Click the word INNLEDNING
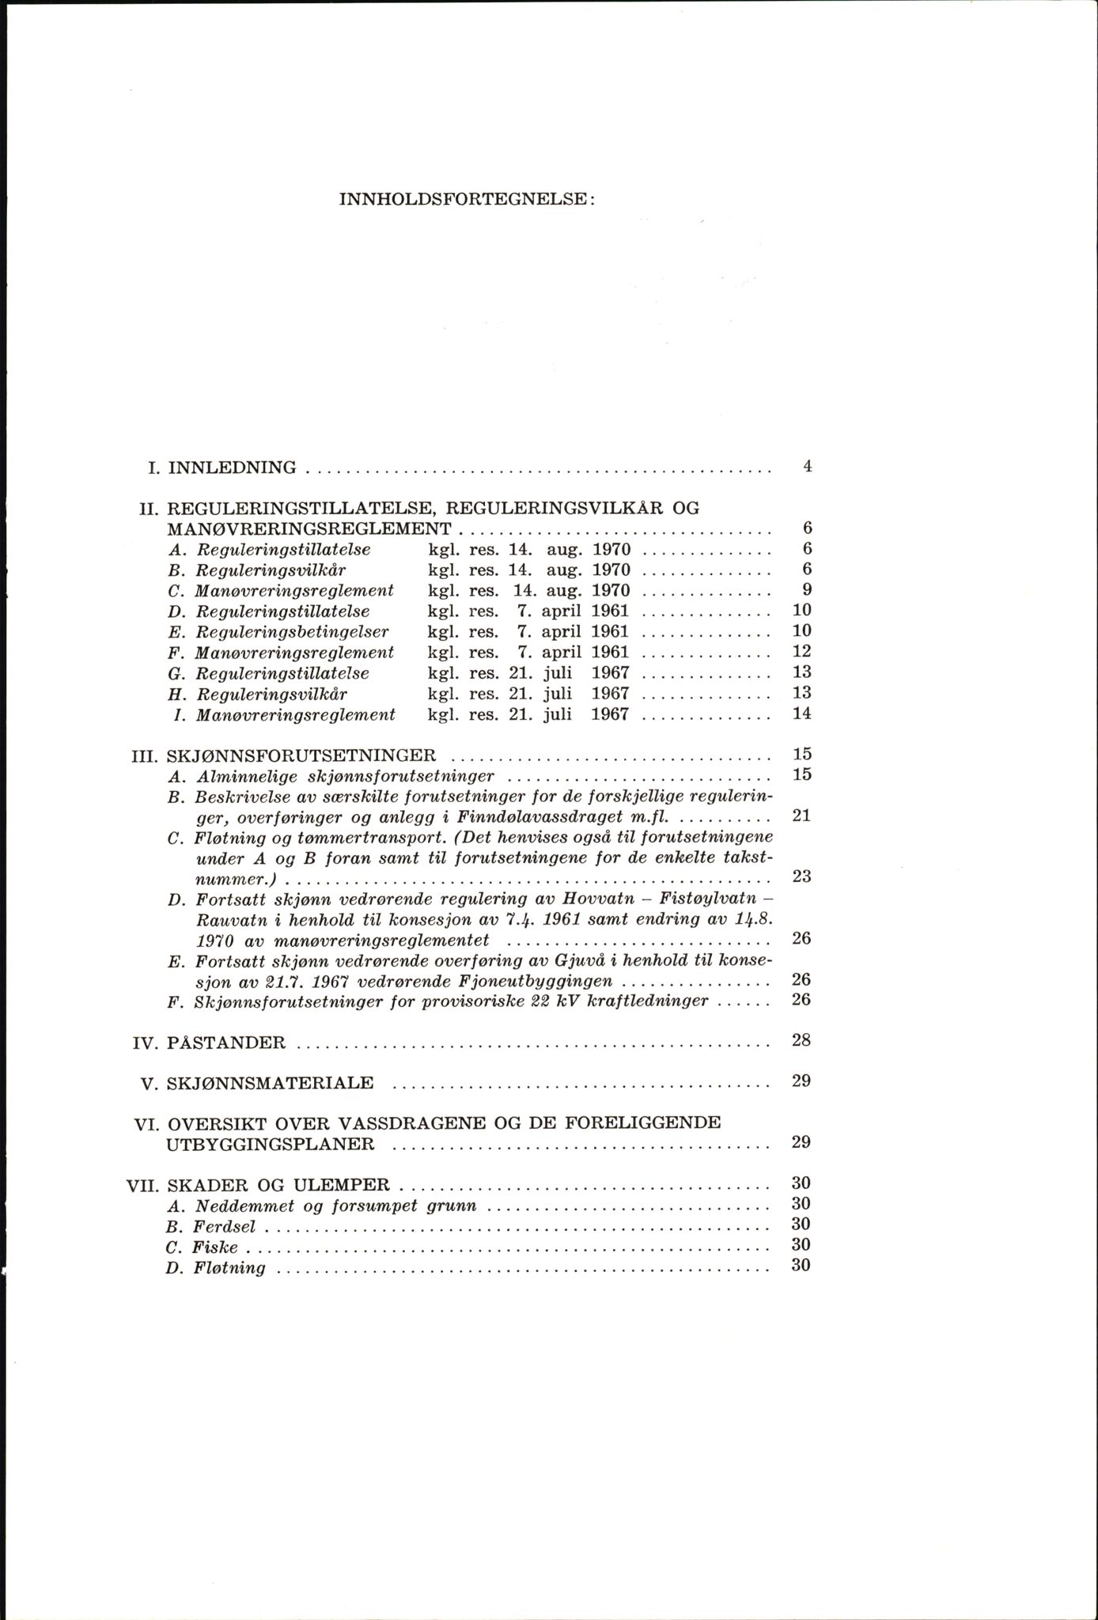click(233, 467)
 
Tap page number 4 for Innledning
click(807, 467)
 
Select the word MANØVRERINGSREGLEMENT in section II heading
click(309, 528)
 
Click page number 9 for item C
click(807, 590)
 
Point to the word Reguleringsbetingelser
click(292, 631)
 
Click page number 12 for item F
click(801, 652)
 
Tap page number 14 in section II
click(801, 713)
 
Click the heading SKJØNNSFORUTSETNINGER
click(301, 755)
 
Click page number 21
click(801, 816)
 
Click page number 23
click(801, 877)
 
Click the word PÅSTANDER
click(227, 1043)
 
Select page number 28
click(801, 1040)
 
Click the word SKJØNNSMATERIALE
click(271, 1084)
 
